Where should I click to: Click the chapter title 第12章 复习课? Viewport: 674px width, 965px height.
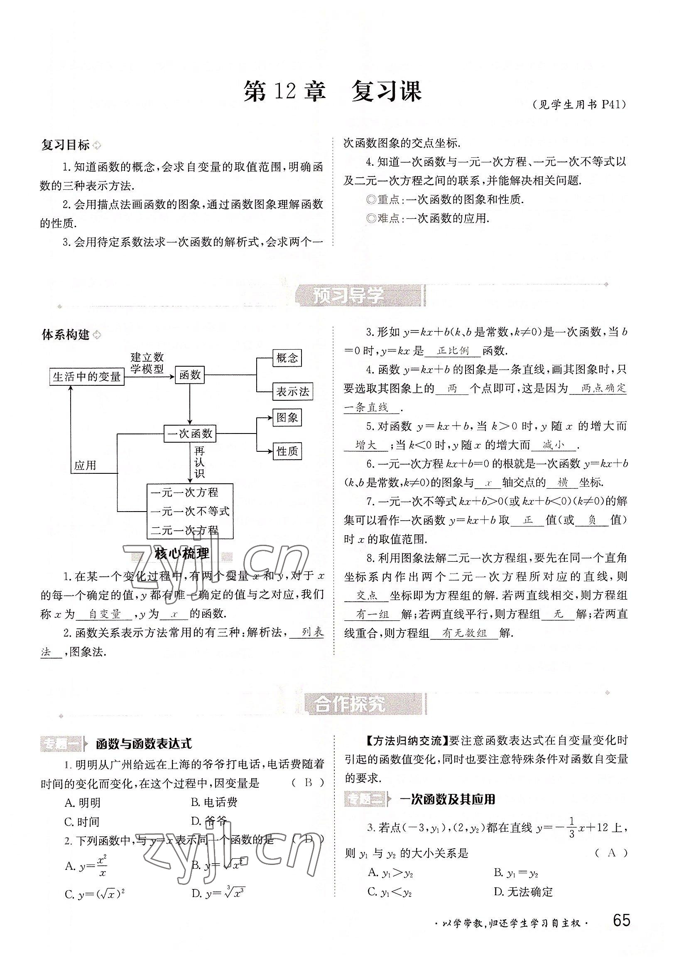(332, 92)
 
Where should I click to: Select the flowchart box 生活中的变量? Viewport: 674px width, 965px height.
(87, 377)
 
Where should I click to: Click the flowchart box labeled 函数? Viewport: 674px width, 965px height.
(190, 375)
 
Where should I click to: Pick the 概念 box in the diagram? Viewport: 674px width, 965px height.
(287, 358)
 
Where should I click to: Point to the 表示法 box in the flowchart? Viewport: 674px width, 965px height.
(293, 392)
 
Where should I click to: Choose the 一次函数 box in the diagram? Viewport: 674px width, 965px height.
(190, 434)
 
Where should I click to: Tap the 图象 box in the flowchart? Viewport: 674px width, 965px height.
(287, 417)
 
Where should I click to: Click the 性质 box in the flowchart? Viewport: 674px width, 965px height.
(287, 451)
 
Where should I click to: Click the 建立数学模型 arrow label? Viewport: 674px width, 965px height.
(147, 363)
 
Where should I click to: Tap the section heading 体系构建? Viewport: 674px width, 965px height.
(66, 335)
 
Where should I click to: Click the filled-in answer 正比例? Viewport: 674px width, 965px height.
(453, 350)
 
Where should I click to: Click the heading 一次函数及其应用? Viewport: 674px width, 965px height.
(447, 799)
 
